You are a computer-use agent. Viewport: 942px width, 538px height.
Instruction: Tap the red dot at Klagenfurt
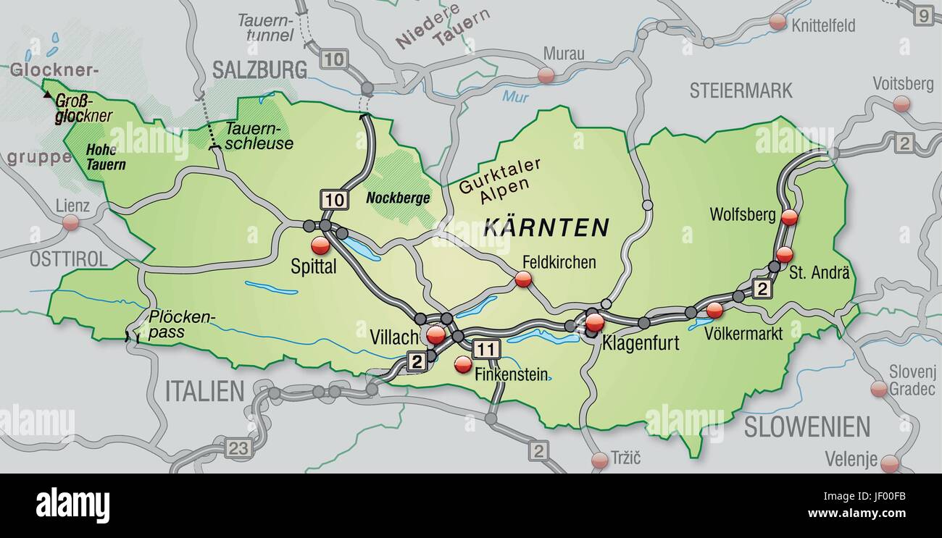point(594,322)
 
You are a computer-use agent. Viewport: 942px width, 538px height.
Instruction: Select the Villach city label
point(394,337)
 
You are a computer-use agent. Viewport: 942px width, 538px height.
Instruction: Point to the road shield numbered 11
point(486,350)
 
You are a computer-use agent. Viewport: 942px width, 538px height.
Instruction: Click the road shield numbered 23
point(238,447)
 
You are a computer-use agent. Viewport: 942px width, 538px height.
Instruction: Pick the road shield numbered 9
point(924,14)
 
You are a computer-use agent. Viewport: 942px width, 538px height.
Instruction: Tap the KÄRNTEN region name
point(546,227)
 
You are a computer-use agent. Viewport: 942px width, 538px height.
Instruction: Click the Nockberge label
point(398,198)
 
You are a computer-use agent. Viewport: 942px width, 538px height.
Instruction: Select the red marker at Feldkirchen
point(522,279)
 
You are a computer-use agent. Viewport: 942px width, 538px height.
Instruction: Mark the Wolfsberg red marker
point(789,217)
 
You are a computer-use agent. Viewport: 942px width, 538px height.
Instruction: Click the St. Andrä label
point(818,273)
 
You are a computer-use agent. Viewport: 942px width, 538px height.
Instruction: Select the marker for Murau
point(546,75)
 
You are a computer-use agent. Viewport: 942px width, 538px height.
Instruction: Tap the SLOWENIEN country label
point(806,427)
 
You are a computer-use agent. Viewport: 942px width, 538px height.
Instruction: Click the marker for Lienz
point(70,222)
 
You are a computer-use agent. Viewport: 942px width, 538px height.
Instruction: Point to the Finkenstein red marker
point(463,365)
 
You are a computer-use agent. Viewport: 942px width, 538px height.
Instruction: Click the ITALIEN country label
point(204,391)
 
